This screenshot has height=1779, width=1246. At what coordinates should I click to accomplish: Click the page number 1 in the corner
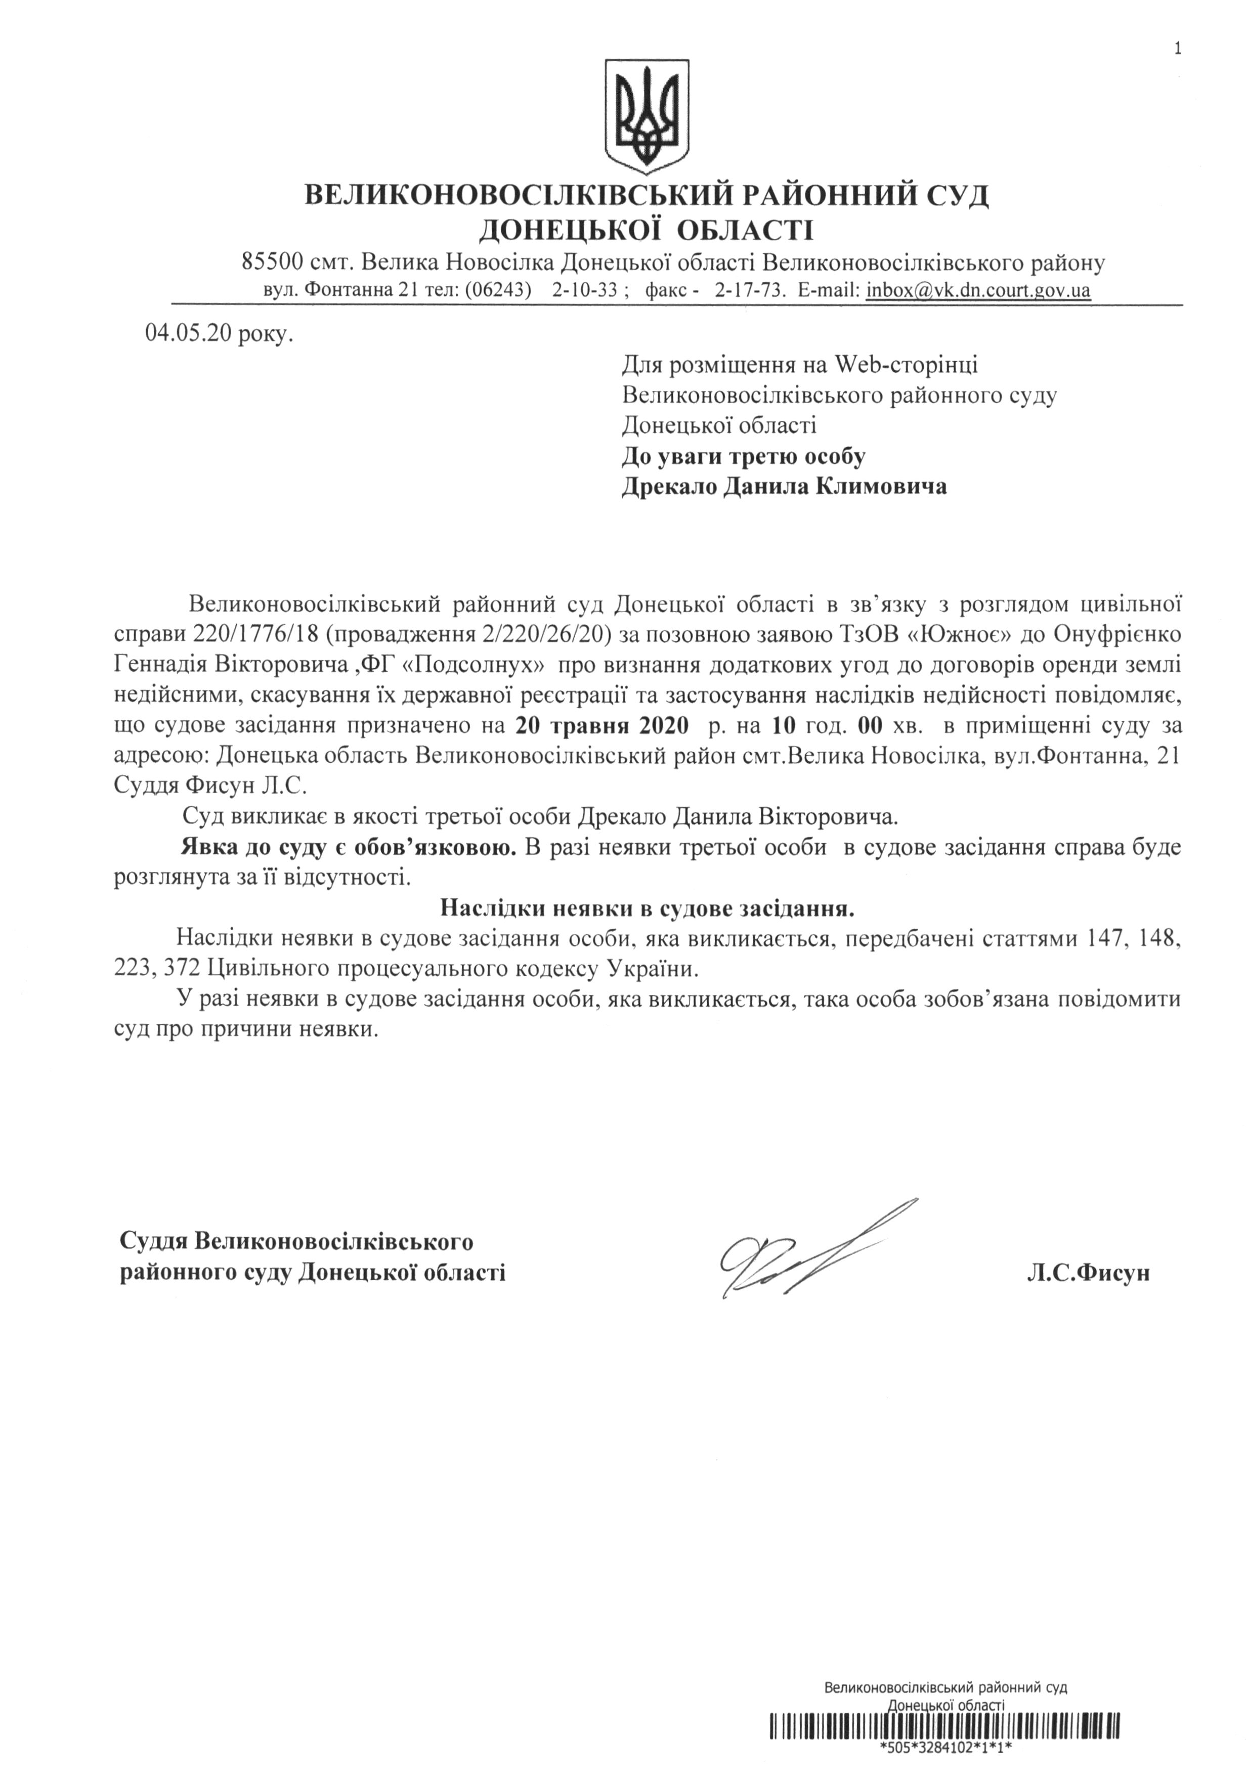click(x=1178, y=28)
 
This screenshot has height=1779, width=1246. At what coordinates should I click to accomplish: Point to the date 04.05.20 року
click(x=219, y=334)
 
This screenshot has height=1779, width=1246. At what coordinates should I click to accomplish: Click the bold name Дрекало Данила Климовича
click(x=784, y=487)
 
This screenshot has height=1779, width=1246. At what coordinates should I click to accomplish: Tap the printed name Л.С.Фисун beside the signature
click(x=1087, y=1273)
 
